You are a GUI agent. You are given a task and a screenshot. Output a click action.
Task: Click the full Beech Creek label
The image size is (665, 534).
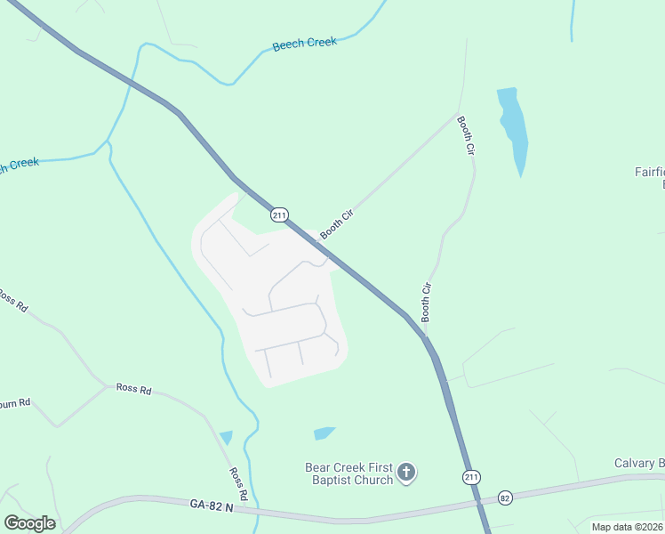(x=305, y=44)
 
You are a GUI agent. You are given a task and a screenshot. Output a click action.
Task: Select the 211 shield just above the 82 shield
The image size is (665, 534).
(x=472, y=478)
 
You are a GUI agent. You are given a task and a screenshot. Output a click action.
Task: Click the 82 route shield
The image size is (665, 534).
(x=505, y=498)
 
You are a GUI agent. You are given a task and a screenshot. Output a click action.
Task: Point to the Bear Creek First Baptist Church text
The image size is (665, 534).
(x=349, y=473)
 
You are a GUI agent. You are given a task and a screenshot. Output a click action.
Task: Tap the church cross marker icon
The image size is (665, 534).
(x=406, y=473)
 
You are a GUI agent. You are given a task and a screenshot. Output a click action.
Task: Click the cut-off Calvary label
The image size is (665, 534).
(x=639, y=464)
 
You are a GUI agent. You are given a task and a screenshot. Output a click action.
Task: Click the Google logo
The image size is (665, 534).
(x=29, y=523)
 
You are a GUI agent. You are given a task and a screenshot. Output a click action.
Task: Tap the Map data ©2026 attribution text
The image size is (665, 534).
(x=627, y=527)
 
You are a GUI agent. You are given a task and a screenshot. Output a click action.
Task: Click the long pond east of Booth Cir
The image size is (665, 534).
(x=513, y=129)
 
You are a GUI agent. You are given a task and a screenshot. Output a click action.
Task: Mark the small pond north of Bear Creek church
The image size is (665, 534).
(x=324, y=433)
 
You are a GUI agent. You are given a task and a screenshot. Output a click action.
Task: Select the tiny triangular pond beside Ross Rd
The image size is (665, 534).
(x=226, y=437)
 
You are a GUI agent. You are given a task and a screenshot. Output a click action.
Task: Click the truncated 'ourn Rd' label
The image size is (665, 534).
(x=15, y=402)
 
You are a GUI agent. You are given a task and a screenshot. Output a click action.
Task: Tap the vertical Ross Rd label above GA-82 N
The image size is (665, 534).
(x=237, y=483)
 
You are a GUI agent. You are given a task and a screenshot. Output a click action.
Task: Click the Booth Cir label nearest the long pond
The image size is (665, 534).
(x=466, y=136)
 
